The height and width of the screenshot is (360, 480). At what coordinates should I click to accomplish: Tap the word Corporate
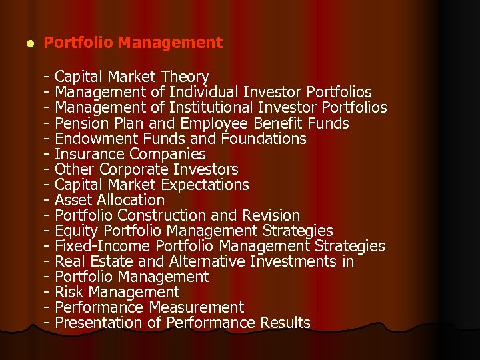coord(135,169)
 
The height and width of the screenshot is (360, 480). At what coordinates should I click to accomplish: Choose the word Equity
coord(75,231)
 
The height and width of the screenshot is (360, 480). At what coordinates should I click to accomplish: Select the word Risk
coord(68,292)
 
